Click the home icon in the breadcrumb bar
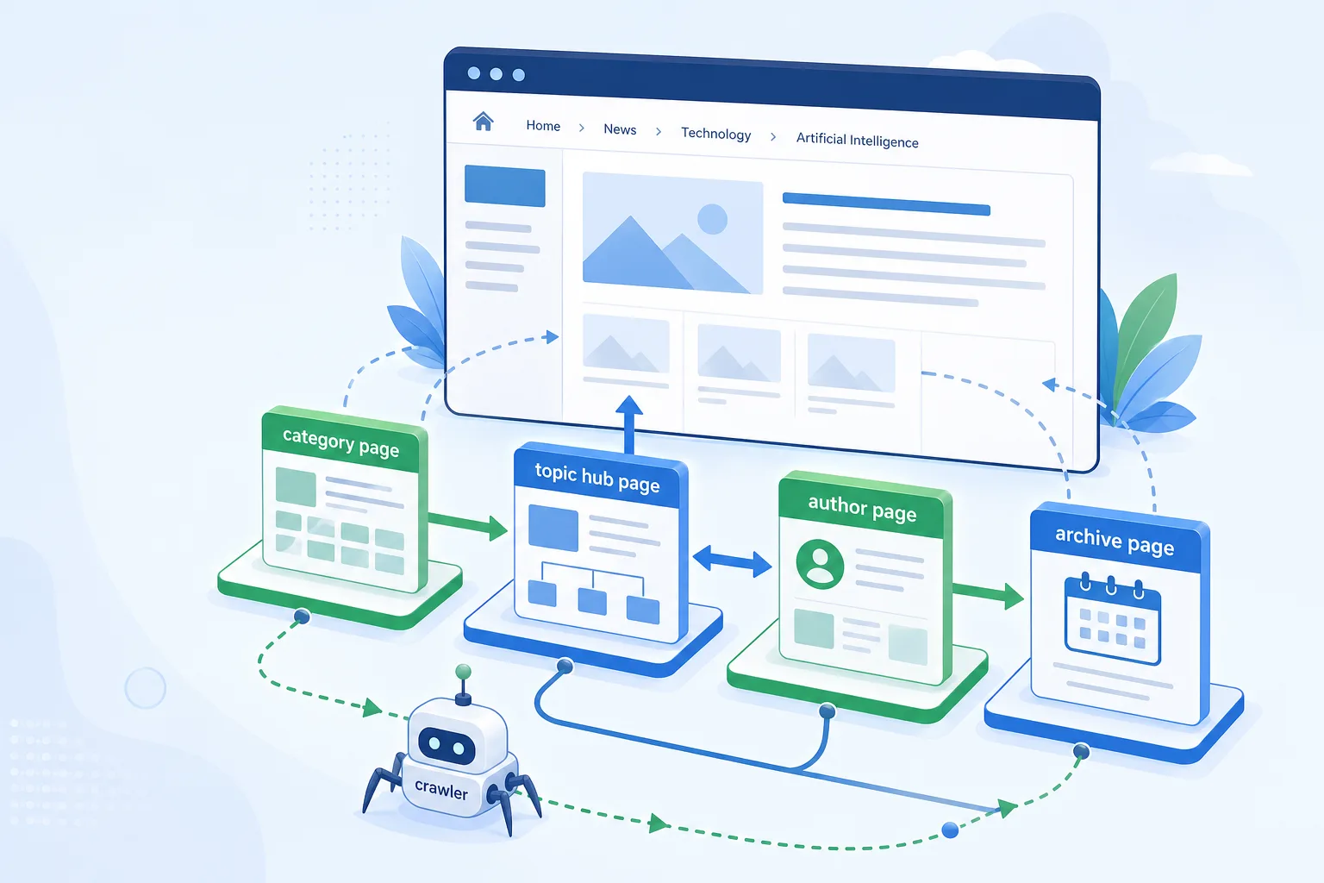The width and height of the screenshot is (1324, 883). coord(483,122)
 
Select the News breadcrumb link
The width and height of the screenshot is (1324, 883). coord(620,129)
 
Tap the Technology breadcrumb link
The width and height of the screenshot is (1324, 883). coord(715,134)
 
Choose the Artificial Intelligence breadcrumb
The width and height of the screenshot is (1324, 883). coord(857,141)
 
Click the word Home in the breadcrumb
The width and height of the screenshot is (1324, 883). coord(543,125)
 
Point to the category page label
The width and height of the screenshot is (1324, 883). coord(341,443)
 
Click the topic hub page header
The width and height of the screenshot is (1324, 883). coord(597,478)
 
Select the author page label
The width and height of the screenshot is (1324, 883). coord(862,508)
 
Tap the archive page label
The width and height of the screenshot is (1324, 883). coord(1115,540)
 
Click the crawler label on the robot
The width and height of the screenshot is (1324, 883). coord(441,789)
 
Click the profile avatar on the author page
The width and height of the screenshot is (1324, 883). coord(820,564)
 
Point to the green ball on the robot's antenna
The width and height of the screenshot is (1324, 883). coord(464,672)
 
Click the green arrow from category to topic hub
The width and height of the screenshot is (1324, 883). coord(467,524)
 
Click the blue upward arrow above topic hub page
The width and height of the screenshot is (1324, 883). coord(629,423)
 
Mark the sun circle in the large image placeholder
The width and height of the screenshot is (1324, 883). coord(712,219)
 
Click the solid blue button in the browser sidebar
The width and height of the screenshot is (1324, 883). coord(505,186)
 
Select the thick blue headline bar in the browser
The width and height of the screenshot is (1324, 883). coord(886,204)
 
